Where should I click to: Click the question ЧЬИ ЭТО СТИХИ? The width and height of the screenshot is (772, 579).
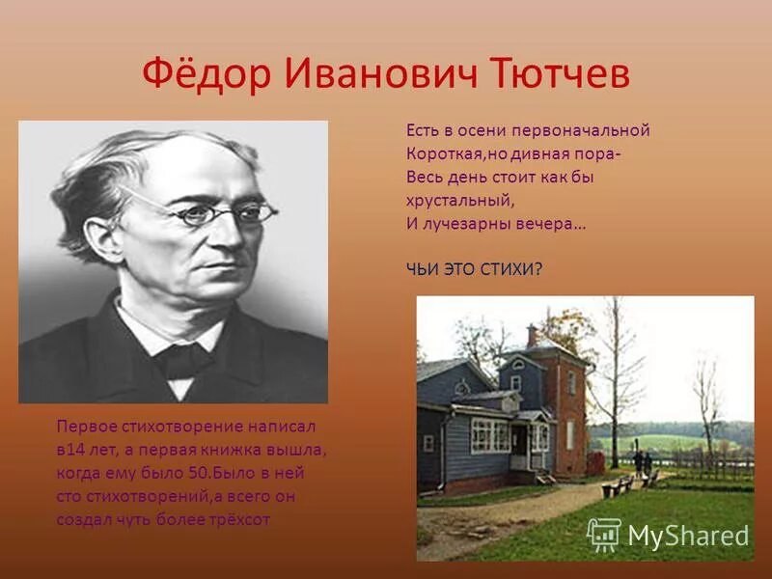(474, 269)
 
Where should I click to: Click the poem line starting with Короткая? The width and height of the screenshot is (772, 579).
(512, 153)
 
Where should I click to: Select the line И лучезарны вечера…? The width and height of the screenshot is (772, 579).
(495, 223)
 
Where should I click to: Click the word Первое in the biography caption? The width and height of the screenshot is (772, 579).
(87, 426)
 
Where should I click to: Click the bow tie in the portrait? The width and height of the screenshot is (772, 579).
(181, 360)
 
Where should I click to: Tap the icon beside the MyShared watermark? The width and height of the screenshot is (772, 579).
(604, 535)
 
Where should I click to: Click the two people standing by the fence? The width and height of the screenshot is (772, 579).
(643, 462)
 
